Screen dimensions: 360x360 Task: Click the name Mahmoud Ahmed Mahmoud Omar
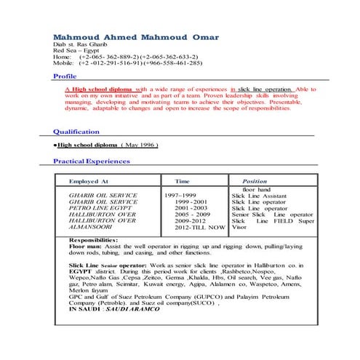coord(135,36)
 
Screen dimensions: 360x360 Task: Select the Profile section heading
coord(65,76)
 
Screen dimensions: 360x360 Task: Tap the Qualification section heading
coord(76,132)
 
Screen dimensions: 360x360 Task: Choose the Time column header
coord(183,181)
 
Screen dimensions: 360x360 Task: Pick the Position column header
coord(255,181)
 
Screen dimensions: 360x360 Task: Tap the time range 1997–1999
coord(180,196)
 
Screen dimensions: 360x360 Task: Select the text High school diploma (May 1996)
coord(104,145)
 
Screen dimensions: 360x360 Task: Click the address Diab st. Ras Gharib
coord(80,44)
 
